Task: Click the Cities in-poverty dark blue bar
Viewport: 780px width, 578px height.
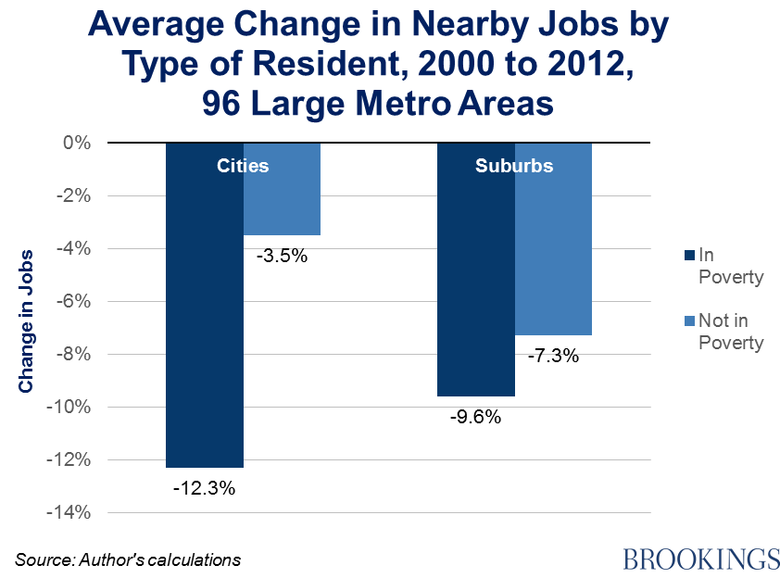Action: point(204,315)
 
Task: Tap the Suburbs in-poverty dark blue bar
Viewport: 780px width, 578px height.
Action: point(475,278)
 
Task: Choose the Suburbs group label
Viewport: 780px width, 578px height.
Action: point(514,167)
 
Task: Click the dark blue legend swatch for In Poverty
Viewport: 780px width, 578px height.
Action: point(687,255)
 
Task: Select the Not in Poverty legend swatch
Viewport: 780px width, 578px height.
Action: point(687,320)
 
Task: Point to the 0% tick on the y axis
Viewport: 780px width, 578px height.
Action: point(77,143)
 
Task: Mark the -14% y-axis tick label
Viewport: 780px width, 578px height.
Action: point(70,512)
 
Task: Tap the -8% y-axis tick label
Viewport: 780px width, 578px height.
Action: point(74,354)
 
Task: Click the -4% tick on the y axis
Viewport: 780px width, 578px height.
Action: point(74,248)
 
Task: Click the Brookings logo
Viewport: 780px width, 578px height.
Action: point(701,559)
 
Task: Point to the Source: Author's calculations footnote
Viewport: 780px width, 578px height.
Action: point(128,559)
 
